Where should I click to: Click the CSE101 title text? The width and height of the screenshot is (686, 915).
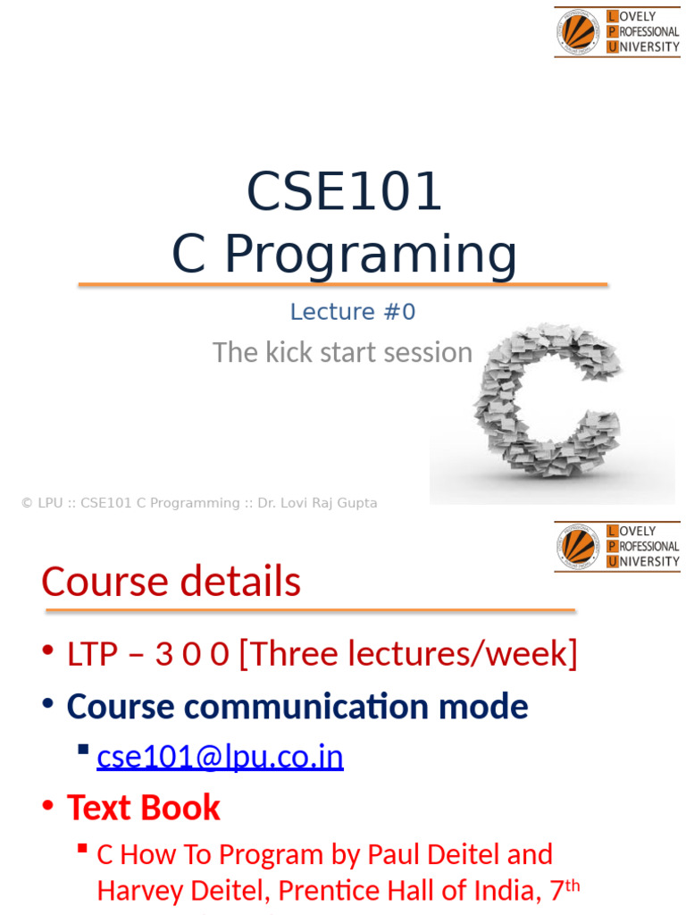[x=344, y=191]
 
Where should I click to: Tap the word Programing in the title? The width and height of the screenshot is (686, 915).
[x=371, y=255]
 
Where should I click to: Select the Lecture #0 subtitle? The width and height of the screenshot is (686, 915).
[x=353, y=312]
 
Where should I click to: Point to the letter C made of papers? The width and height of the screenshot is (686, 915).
[x=548, y=400]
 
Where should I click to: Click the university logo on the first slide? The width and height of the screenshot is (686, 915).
[x=617, y=31]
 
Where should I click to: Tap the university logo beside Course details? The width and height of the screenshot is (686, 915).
[x=617, y=546]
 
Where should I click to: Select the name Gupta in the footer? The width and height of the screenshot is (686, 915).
[x=357, y=503]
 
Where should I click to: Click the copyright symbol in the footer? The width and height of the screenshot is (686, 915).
[x=27, y=503]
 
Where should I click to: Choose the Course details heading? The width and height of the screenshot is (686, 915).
[x=171, y=581]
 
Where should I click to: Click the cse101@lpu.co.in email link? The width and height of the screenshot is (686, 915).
[x=220, y=756]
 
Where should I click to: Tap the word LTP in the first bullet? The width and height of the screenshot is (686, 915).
[x=92, y=653]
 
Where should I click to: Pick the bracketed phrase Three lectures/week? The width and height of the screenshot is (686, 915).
[x=408, y=653]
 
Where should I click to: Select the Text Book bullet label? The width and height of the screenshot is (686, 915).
[x=144, y=808]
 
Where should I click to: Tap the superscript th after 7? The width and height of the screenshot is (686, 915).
[x=573, y=886]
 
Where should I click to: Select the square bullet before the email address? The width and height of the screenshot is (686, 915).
[x=83, y=750]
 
